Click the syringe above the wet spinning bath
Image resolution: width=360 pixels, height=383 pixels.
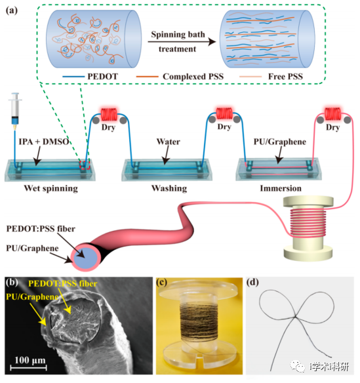15,111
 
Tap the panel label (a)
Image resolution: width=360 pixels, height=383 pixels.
12,10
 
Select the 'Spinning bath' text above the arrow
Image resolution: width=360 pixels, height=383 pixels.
178,35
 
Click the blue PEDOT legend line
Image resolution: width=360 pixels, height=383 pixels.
73,77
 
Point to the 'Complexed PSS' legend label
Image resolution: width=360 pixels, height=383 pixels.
193,77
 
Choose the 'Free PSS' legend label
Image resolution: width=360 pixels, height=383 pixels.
285,77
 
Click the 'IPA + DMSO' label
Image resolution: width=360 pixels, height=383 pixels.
44,142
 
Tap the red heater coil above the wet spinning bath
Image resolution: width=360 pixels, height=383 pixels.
109,114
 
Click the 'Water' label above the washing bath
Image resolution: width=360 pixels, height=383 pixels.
169,142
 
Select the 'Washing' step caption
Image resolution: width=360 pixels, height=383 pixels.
169,188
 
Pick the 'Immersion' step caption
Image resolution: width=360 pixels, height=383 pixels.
281,188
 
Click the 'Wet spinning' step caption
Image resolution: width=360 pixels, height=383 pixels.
50,189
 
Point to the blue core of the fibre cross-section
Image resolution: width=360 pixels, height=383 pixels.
85,258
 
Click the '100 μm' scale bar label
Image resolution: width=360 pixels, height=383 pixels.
30,360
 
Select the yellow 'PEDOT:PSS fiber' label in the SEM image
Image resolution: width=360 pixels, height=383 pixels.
63,283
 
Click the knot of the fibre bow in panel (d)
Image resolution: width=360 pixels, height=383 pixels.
295,317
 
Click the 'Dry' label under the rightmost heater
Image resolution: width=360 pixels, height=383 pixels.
332,127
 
